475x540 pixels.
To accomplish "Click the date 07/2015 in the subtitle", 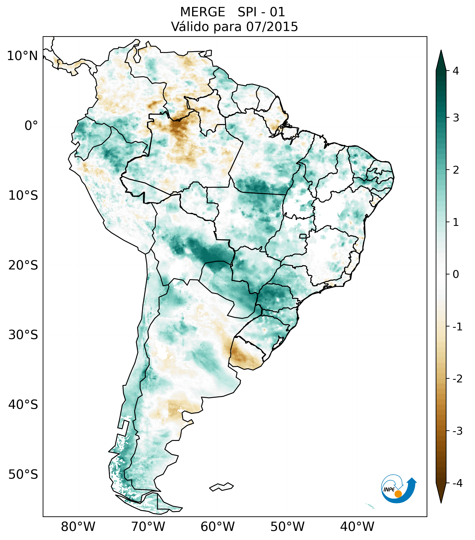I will tap(272, 27).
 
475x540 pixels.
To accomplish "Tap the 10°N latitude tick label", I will tap(23, 56).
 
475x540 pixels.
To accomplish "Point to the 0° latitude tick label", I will tap(31, 126).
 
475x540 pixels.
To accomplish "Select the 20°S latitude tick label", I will tap(23, 265).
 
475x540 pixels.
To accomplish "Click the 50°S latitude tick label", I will tap(23, 475).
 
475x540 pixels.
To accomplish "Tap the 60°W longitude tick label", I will tap(217, 527).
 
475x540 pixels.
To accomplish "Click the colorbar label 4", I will tap(456, 71).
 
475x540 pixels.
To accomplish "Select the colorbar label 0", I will tap(456, 274).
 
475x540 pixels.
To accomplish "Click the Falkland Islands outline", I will tap(221, 487).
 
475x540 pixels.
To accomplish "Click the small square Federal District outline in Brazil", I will tap(303, 236).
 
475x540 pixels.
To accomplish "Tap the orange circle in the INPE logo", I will tap(398, 494).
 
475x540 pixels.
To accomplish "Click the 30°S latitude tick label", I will tap(23, 335).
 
